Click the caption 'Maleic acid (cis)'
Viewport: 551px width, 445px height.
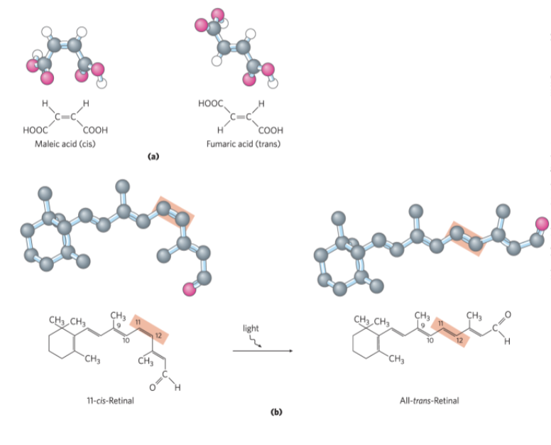[x=64, y=144]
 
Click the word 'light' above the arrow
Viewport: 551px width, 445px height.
[x=251, y=329]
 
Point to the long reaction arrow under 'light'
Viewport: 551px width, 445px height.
[x=262, y=350]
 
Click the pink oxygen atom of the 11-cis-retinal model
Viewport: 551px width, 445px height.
[x=189, y=289]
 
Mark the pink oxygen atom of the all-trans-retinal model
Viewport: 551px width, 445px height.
[x=542, y=224]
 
